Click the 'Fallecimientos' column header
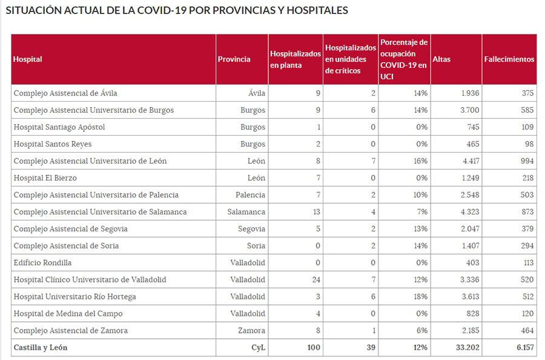pos(509,59)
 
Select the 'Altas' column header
pos(441,59)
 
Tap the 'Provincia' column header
pos(234,59)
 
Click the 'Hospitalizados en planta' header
pos(295,59)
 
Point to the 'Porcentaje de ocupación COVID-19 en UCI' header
pos(404,59)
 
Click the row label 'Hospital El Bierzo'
pos(45,178)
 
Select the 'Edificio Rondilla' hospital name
pos(42,263)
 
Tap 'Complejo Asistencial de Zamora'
pos(70,331)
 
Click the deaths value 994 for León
pos(527,161)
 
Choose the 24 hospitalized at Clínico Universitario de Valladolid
pos(315,280)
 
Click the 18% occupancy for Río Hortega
pos(421,297)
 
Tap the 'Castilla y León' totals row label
pos(41,348)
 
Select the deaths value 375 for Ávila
pos(527,93)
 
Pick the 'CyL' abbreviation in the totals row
pos(259,348)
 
